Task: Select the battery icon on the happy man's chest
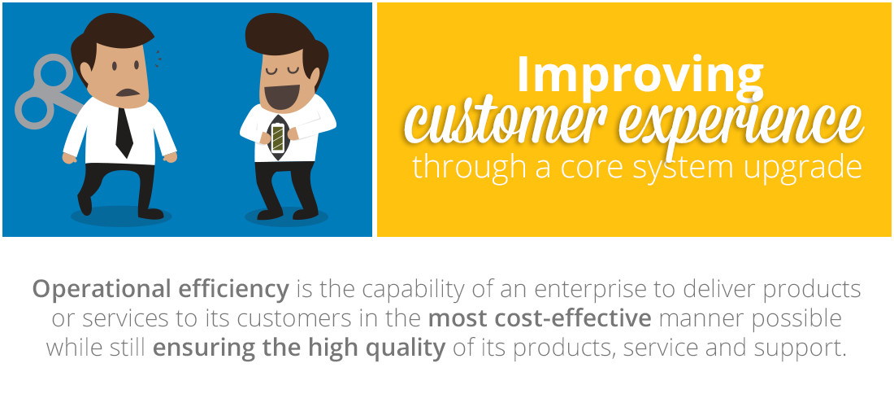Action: point(278,138)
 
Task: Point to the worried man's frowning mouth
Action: point(127,93)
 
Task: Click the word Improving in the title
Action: point(640,75)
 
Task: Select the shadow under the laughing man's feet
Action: point(286,217)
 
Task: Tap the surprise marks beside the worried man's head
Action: point(158,59)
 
